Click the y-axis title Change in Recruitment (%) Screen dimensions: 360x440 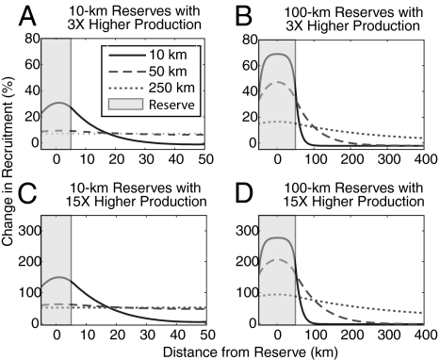(8, 179)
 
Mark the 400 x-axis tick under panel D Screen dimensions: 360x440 (422, 335)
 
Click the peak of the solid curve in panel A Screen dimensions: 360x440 (57, 103)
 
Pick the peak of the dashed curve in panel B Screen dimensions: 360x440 (274, 83)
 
